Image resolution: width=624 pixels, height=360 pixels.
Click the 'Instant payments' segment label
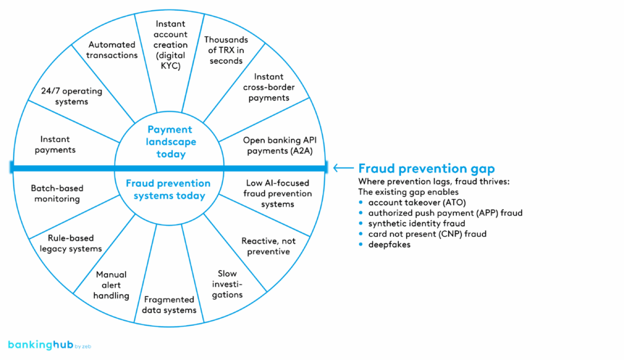pyautogui.click(x=58, y=143)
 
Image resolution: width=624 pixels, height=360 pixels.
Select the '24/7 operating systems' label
pyautogui.click(x=64, y=96)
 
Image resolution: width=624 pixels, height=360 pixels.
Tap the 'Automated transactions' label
pyautogui.click(x=113, y=49)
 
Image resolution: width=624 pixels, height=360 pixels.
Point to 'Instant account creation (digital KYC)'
pyautogui.click(x=172, y=43)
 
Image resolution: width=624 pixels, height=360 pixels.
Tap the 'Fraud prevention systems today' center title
pyautogui.click(x=169, y=189)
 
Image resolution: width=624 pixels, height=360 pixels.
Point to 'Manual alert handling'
pyautogui.click(x=111, y=285)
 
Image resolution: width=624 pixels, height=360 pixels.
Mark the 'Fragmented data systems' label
pyautogui.click(x=169, y=304)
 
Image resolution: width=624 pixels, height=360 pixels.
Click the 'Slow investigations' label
pyautogui.click(x=227, y=284)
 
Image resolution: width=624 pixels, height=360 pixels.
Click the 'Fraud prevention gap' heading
pyautogui.click(x=426, y=168)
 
